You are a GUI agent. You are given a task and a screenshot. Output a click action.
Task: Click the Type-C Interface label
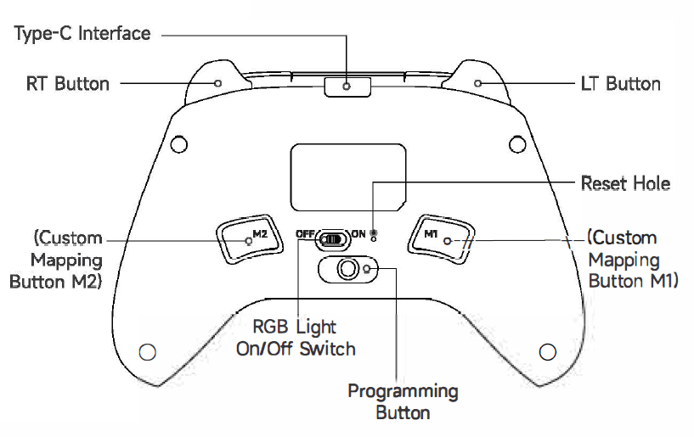[x=83, y=34]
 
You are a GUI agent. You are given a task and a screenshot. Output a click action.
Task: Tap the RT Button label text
[x=68, y=83]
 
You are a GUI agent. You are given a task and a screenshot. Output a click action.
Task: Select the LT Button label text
[x=620, y=83]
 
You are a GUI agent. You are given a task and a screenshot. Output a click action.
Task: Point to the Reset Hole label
[x=625, y=183]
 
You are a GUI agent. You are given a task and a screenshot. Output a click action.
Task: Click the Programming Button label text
[x=403, y=401]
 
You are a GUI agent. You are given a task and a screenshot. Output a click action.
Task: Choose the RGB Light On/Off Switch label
[x=296, y=337]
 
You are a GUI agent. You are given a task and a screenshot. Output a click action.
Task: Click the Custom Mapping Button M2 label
[x=56, y=260]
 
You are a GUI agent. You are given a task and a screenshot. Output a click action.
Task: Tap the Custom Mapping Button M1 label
[x=633, y=260]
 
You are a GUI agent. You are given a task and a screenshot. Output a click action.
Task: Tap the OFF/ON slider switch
[x=332, y=239]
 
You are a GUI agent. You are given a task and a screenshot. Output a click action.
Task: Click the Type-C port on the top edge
[x=347, y=85]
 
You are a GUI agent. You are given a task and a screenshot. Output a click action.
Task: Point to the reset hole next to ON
[x=374, y=233]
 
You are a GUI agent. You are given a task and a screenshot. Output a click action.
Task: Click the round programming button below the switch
[x=347, y=269]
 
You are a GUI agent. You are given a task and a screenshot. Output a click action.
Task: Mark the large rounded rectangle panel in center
[x=347, y=176]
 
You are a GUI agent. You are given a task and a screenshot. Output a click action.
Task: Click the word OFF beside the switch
[x=304, y=233]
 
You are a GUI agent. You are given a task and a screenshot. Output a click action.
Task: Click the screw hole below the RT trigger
[x=178, y=144]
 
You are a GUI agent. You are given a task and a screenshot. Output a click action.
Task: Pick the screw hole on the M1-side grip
[x=548, y=350]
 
